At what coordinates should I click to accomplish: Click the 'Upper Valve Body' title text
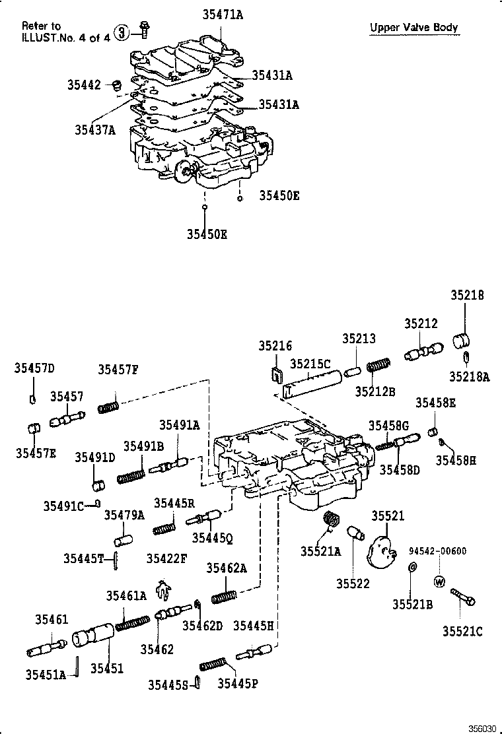[x=413, y=28]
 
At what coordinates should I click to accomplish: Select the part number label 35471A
[x=222, y=14]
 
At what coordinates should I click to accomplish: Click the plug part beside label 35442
[x=117, y=85]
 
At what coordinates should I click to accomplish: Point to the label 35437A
[x=94, y=129]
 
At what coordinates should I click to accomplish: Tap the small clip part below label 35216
[x=276, y=376]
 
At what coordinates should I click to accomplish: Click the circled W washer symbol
[x=439, y=582]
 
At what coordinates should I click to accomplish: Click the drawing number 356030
[x=482, y=727]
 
